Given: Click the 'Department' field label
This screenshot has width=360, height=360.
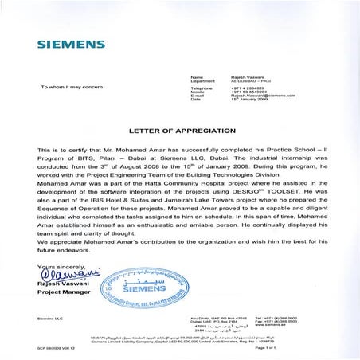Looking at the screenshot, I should click(205, 80).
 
